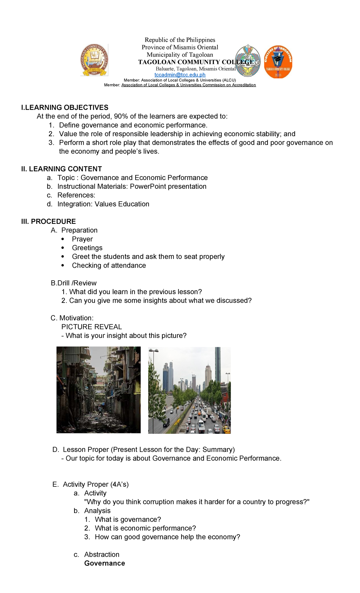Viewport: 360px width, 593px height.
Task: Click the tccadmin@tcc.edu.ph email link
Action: (180, 75)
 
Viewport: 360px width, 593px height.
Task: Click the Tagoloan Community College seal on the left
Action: (94, 60)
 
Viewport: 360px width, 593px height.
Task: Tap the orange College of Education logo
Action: (278, 62)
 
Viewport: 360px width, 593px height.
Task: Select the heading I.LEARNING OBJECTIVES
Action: (65, 107)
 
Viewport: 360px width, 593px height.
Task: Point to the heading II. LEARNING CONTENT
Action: (61, 169)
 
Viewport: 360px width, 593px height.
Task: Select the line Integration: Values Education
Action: (103, 204)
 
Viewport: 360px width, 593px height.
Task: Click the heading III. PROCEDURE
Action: (49, 221)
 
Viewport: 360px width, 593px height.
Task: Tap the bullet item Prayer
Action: (82, 239)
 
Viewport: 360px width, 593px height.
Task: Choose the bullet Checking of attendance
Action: (109, 265)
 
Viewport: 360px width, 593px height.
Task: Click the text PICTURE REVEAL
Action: (91, 327)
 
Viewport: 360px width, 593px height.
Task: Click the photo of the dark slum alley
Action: (98, 390)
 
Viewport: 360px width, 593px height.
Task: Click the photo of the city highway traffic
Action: (189, 390)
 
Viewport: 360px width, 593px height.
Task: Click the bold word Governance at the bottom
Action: (104, 563)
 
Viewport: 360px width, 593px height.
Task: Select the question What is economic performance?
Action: (145, 528)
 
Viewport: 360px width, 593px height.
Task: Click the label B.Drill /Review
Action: (73, 283)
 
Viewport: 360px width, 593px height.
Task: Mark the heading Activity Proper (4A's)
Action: (95, 484)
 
